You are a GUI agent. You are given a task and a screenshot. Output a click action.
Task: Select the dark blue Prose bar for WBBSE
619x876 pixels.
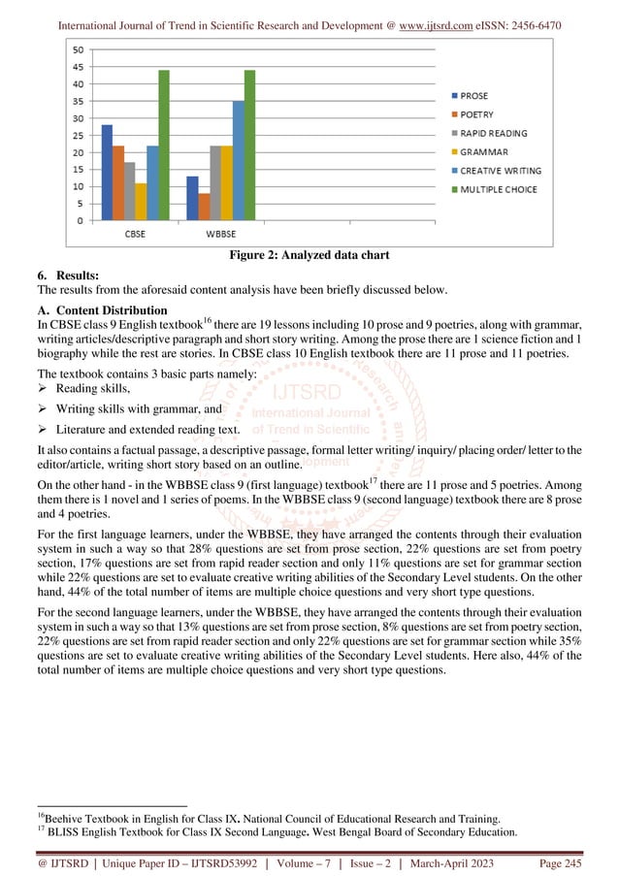[x=193, y=198]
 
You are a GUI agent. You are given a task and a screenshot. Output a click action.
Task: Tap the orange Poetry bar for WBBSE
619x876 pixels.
[x=204, y=207]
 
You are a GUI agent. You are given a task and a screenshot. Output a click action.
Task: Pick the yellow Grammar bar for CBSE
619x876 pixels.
[x=141, y=202]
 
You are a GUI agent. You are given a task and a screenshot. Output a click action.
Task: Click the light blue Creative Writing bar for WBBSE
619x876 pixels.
[x=238, y=161]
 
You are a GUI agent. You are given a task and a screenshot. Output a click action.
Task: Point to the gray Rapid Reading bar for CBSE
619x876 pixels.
[x=130, y=191]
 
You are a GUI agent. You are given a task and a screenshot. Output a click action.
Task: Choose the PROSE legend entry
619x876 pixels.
[x=473, y=96]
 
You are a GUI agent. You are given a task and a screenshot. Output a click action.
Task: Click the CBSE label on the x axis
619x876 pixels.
[x=135, y=233]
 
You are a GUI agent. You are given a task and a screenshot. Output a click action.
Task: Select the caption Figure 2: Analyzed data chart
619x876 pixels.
[x=309, y=256]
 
